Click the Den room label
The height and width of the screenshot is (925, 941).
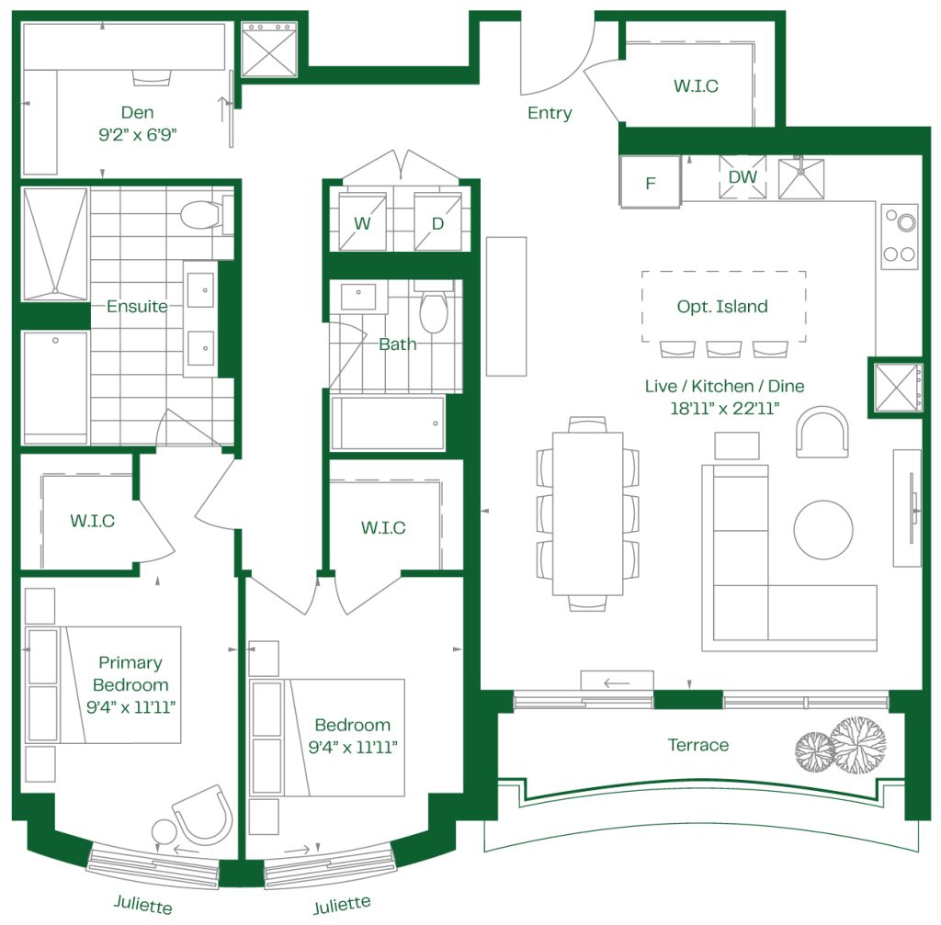(138, 112)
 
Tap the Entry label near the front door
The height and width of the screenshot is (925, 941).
(550, 113)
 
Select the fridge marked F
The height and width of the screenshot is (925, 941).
(650, 183)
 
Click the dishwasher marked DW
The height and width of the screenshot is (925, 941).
(743, 177)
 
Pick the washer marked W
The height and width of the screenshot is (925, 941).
(362, 221)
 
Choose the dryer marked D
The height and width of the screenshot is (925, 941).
(437, 221)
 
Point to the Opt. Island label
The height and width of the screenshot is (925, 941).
(722, 307)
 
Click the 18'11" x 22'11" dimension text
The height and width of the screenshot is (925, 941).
(724, 409)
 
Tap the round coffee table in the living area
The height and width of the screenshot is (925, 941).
(823, 530)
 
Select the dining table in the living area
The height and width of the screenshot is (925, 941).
(587, 513)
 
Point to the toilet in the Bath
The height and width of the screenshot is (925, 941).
(434, 309)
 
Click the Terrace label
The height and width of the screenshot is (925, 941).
(698, 745)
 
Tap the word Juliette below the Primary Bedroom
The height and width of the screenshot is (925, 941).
(142, 904)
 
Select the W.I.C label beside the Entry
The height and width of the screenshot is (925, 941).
(696, 85)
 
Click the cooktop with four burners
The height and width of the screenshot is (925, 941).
(900, 236)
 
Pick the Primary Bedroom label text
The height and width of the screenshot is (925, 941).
(130, 673)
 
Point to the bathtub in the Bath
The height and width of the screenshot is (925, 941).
(388, 423)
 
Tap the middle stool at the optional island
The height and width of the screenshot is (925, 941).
(723, 348)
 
